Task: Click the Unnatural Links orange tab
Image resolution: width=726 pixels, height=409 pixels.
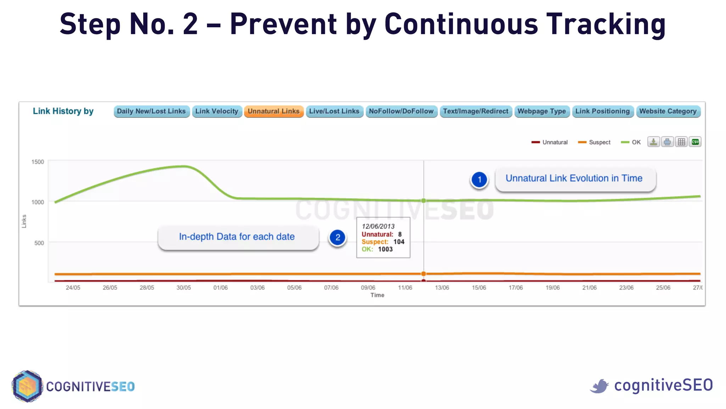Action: [273, 111]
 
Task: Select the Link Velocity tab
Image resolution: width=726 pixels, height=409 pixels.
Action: [217, 111]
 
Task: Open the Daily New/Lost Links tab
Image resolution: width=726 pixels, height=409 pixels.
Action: [151, 111]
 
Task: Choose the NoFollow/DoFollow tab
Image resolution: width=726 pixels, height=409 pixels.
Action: [401, 111]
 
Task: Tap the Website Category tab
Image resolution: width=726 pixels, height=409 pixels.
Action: [668, 111]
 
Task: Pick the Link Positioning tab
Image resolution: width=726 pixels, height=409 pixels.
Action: [602, 111]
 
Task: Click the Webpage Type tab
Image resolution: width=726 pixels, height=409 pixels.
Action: [542, 111]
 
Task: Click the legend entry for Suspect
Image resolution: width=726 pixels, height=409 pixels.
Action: [594, 142]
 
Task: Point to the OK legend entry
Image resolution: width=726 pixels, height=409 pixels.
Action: [631, 142]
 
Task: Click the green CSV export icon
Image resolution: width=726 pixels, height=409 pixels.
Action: [695, 142]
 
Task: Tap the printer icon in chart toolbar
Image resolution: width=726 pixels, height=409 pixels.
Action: [667, 142]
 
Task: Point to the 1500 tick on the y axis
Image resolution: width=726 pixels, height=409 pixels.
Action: [38, 162]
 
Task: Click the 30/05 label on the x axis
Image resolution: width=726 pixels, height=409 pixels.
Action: [184, 288]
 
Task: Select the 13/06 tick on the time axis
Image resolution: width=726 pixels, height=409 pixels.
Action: [442, 288]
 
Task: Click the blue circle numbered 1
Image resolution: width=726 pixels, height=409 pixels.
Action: [479, 180]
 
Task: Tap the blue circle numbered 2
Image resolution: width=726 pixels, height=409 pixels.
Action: [337, 238]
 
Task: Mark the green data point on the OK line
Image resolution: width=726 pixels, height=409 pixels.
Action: [424, 201]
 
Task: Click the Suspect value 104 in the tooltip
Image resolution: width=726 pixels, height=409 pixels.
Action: [399, 242]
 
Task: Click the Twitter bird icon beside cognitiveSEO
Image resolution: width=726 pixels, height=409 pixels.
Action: [599, 386]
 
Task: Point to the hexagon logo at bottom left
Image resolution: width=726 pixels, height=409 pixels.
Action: [27, 386]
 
